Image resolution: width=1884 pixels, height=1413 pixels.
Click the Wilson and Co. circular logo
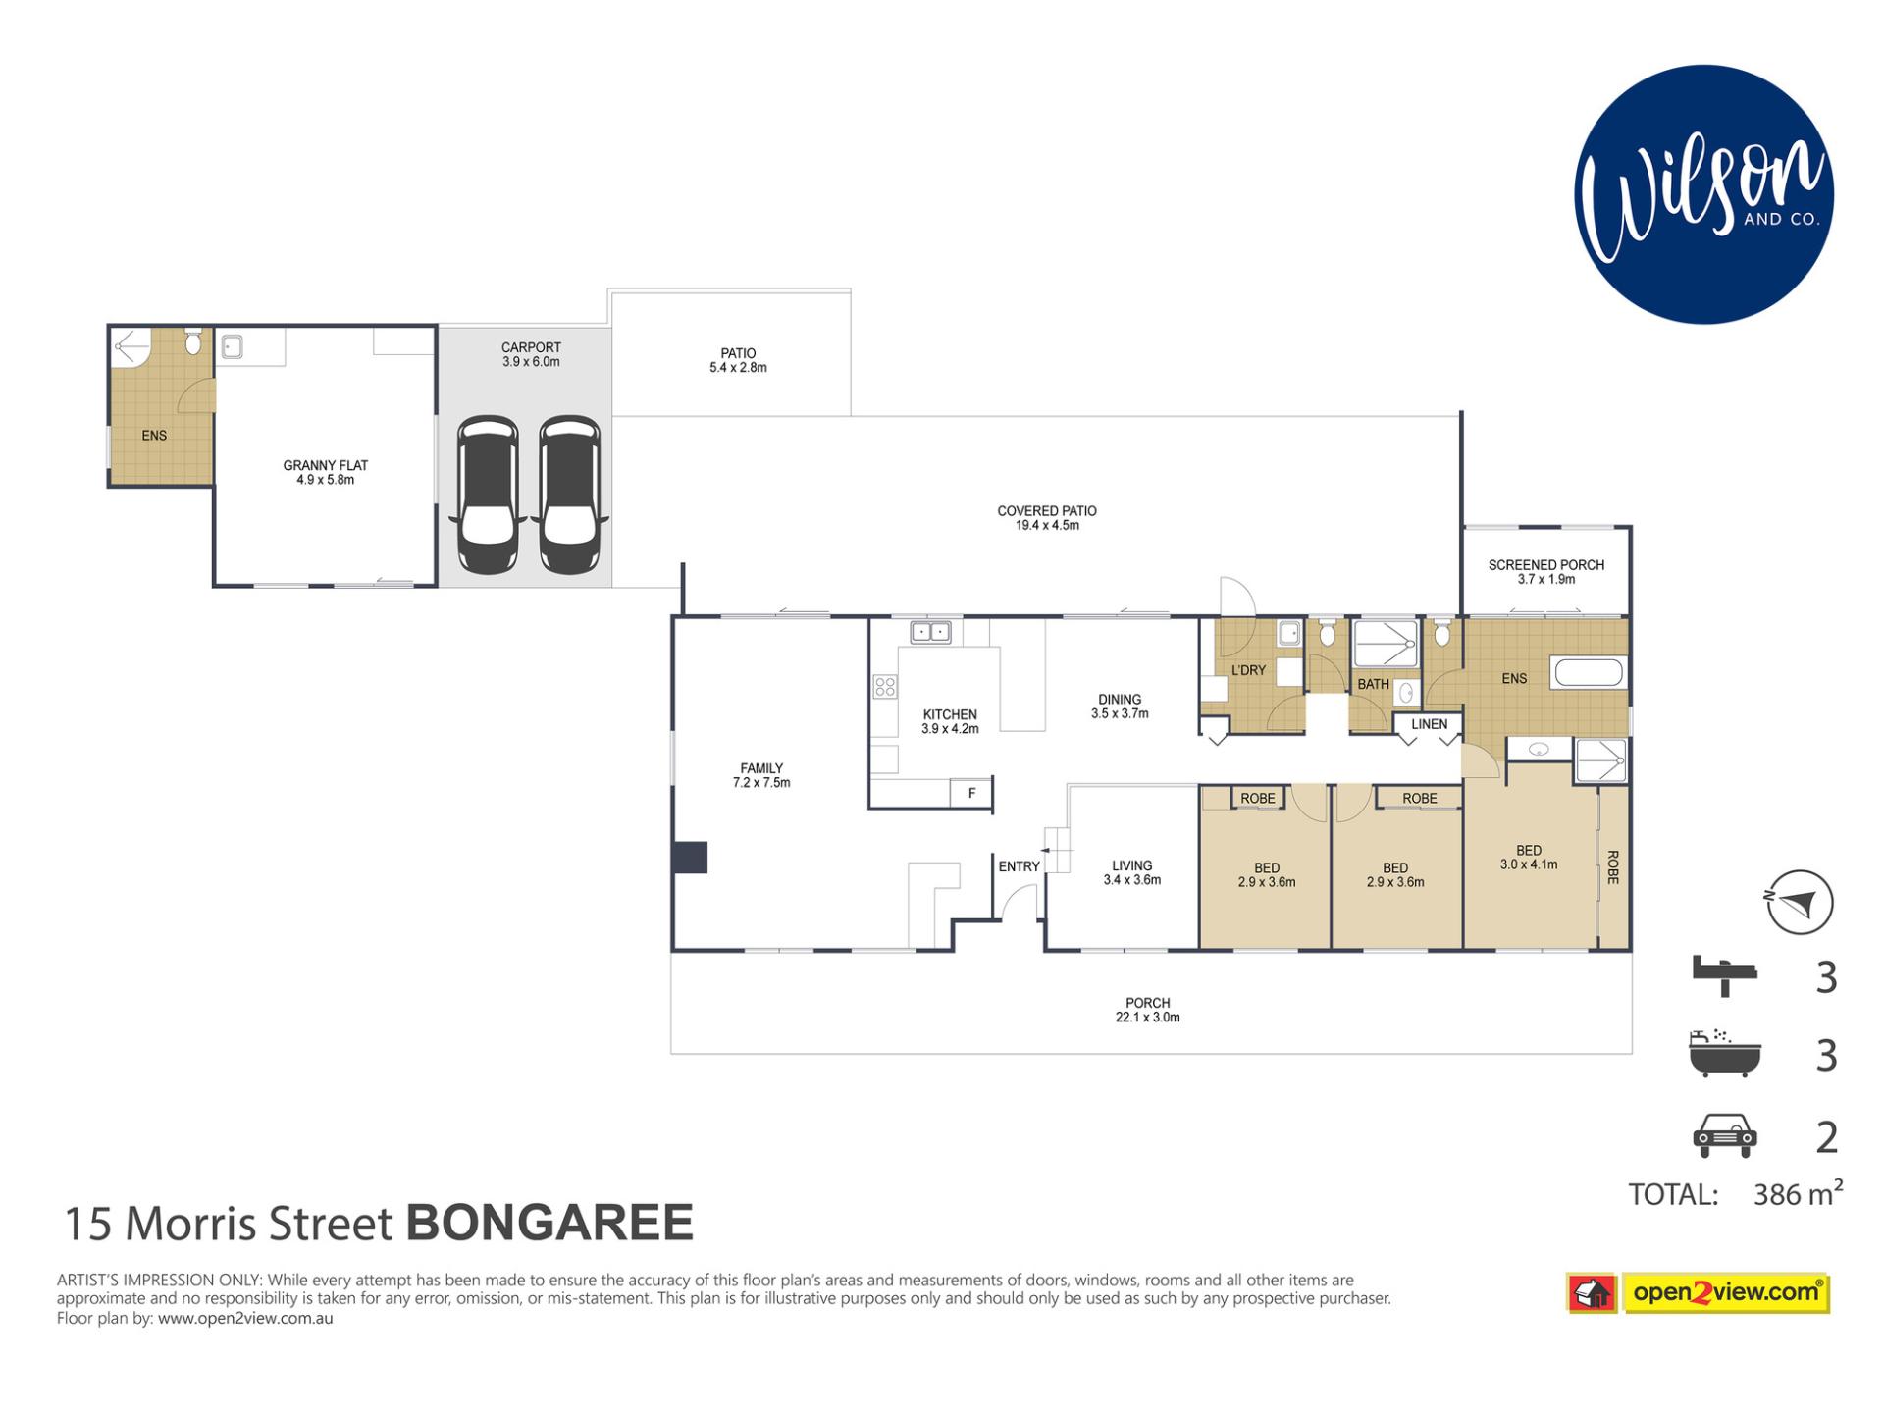[1703, 194]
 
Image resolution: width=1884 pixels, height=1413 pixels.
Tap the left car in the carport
[488, 495]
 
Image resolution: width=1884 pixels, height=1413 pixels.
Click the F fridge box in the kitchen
[971, 793]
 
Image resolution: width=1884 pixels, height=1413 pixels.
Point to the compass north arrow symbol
[1800, 902]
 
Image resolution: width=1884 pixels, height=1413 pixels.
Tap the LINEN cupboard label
[1429, 724]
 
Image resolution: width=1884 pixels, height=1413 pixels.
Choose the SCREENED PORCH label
[1546, 564]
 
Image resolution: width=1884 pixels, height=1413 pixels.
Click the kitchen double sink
[930, 632]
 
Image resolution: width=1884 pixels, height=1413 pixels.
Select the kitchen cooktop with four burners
[884, 686]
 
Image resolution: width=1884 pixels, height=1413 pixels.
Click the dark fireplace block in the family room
[690, 857]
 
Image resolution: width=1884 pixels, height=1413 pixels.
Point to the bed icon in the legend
[1724, 974]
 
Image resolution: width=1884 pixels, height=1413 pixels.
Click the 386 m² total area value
[1798, 1193]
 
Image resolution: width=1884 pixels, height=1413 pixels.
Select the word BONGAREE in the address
[549, 1223]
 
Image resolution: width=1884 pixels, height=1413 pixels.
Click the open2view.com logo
[1699, 1292]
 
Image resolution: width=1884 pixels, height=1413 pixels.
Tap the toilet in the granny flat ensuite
[193, 341]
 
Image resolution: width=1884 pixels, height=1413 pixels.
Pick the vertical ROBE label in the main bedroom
[1613, 867]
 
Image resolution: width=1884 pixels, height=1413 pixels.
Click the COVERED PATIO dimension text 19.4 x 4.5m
[1047, 526]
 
